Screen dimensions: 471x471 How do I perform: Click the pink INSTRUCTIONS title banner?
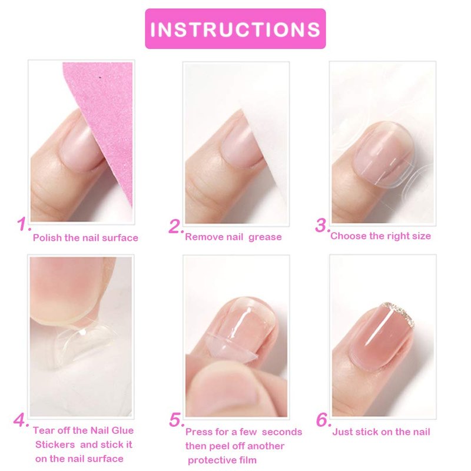(235, 28)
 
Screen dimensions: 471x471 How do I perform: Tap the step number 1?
(24, 224)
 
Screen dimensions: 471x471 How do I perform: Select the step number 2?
(175, 227)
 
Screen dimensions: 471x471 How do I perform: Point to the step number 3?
(322, 225)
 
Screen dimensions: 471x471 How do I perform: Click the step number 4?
(21, 420)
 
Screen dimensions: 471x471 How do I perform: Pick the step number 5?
(176, 420)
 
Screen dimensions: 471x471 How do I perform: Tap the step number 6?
(323, 420)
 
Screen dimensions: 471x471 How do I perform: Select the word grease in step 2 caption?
(265, 237)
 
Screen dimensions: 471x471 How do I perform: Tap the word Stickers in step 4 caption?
(55, 445)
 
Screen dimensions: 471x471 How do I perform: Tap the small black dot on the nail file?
(99, 78)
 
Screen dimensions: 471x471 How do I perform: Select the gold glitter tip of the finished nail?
(399, 313)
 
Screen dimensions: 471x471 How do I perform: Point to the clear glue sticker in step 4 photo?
(81, 343)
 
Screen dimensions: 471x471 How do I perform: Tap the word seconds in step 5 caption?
(282, 432)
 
